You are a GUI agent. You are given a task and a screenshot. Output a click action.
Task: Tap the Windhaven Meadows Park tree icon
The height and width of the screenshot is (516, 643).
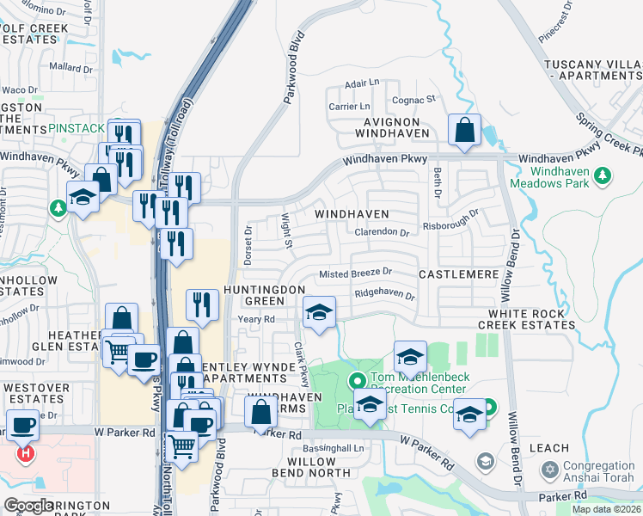603,176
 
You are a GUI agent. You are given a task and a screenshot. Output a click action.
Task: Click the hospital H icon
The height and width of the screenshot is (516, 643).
27,452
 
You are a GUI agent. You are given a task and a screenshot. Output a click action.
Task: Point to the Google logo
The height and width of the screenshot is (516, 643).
28,506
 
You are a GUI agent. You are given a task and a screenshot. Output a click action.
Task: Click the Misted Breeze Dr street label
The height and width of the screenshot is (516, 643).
355,273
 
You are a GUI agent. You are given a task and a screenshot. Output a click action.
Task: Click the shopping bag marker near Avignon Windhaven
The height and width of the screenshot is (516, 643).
464,132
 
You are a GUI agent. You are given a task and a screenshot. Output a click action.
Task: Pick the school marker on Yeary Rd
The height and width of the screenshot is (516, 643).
319,312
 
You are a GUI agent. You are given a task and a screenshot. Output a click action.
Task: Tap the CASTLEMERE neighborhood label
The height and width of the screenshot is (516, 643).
458,273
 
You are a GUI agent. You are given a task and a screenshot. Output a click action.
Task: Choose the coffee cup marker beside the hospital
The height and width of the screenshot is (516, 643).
23,424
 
